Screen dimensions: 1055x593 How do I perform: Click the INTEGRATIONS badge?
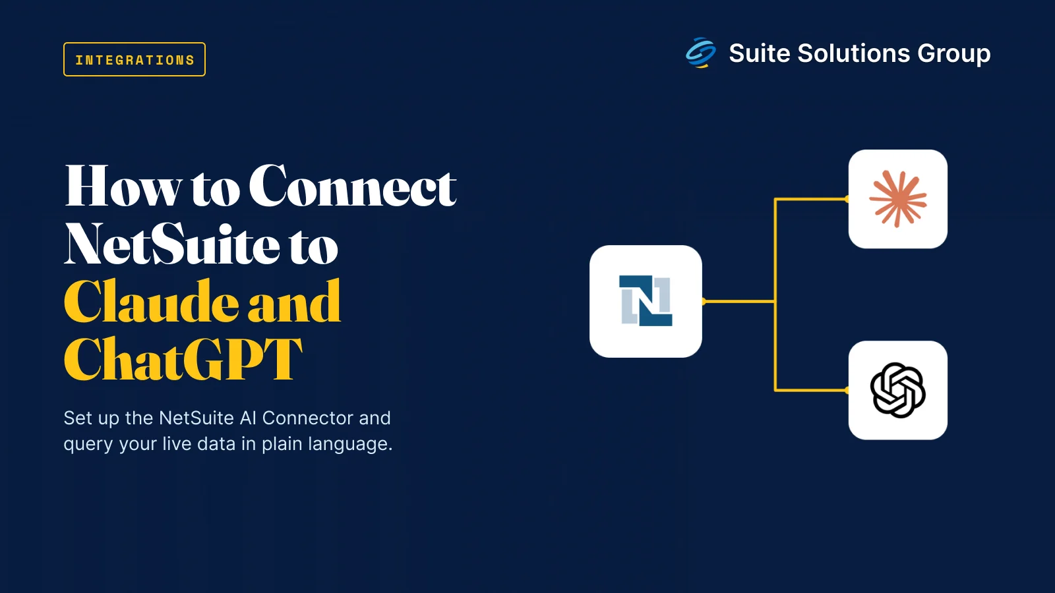(135, 59)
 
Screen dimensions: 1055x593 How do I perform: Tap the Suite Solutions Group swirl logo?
(700, 53)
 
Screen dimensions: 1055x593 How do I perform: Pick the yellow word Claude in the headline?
(151, 302)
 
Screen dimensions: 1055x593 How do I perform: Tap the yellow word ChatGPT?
(183, 358)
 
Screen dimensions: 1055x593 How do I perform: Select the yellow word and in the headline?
(294, 302)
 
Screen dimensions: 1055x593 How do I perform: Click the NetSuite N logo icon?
(646, 300)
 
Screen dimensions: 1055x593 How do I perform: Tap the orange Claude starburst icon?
(897, 199)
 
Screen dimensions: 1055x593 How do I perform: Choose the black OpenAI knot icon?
(897, 390)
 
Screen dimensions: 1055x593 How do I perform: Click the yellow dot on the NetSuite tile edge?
(703, 301)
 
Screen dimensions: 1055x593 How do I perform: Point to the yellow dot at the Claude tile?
(847, 199)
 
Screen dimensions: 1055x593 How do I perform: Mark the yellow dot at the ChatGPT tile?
(847, 390)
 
